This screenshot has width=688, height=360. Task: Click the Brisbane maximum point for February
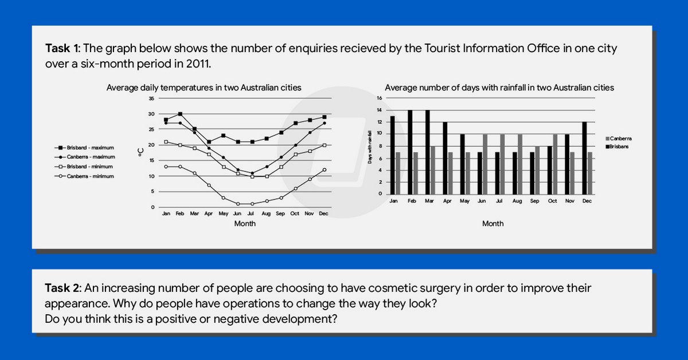pos(180,114)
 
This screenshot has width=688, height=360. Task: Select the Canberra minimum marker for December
pos(325,170)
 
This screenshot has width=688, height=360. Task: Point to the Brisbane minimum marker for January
pos(166,142)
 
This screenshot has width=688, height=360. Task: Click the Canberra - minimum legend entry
pos(89,176)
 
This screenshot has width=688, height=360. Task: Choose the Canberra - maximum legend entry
pos(89,156)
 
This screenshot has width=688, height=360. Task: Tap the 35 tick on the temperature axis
pos(151,99)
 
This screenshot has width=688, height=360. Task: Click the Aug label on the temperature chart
pos(266,213)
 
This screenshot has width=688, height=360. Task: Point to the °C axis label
pos(140,153)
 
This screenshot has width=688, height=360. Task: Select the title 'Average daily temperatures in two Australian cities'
pos(204,88)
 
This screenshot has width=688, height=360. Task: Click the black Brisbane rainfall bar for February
pos(410,152)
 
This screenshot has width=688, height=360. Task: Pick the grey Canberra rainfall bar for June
pos(486,164)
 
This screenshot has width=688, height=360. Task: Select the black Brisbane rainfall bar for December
pos(584,158)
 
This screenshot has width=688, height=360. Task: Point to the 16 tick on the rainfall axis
pos(379,98)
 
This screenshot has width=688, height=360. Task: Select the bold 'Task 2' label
pos(63,288)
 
